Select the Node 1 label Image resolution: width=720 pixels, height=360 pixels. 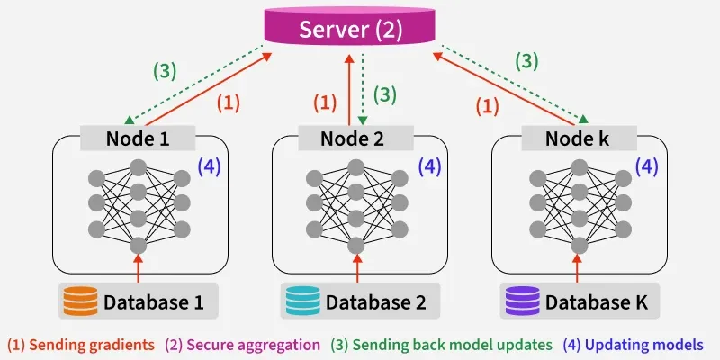pos(138,139)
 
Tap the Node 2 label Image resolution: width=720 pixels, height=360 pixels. pos(358,139)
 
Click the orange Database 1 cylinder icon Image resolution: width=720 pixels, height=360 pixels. pos(79,300)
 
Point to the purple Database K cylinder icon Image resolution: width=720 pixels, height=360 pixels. pos(519,300)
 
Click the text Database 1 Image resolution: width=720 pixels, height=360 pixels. pos(154,300)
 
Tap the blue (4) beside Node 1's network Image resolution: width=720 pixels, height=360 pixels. pos(209,166)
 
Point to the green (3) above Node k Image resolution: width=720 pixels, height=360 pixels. pos(529,61)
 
